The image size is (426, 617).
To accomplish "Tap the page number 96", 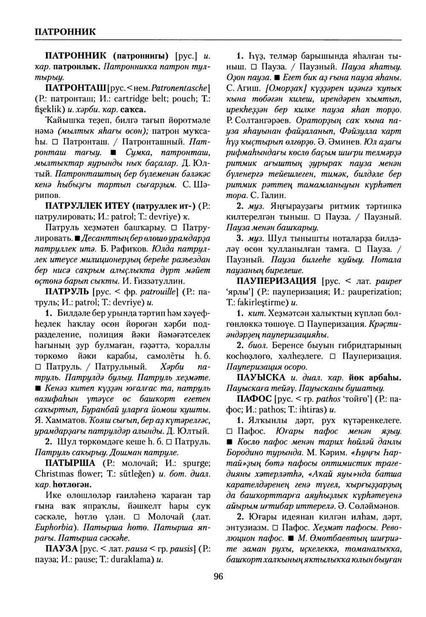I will coord(218,577).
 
